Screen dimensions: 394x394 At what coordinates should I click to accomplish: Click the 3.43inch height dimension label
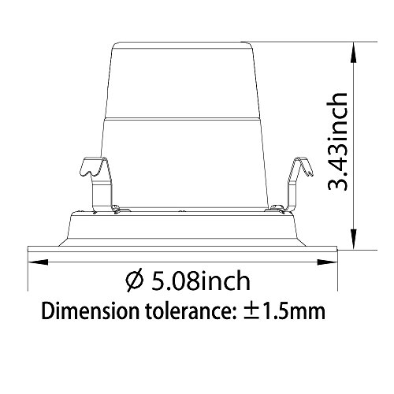coord(337,141)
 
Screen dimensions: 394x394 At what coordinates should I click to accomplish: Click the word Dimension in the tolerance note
coord(90,311)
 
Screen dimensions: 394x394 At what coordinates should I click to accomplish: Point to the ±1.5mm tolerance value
coord(284,311)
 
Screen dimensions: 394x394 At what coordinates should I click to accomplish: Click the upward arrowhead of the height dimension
coord(354,53)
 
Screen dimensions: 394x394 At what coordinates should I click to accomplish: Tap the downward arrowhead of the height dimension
coord(354,239)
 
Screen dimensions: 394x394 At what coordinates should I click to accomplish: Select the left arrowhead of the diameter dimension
coord(38,262)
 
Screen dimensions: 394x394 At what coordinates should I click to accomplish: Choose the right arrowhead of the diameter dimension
coord(327,262)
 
